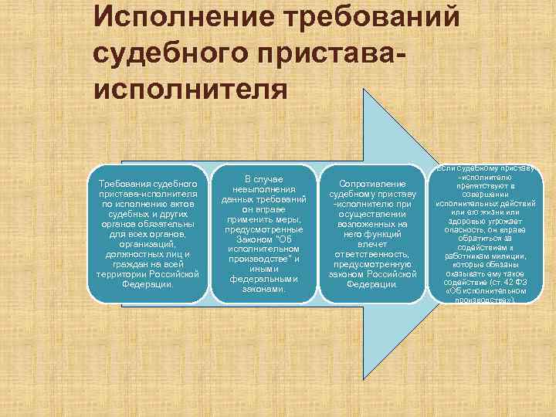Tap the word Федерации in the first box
[147, 284]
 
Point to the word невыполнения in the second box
[263, 189]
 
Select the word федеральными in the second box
[263, 280]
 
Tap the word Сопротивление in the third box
[373, 183]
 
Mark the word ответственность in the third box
[371, 253]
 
